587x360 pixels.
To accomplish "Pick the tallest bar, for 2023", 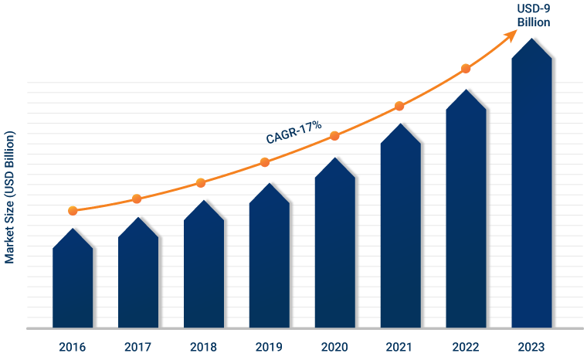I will pyautogui.click(x=531, y=185).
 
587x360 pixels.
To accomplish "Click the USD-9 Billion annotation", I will pyautogui.click(x=533, y=15).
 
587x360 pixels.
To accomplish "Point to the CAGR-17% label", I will pyautogui.click(x=293, y=133).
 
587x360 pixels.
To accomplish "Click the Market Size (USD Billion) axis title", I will pyautogui.click(x=10, y=197).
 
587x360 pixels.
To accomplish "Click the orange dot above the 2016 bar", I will pyautogui.click(x=73, y=210).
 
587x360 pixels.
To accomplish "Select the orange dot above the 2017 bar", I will pyautogui.click(x=137, y=199).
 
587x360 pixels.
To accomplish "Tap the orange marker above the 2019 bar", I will pyautogui.click(x=265, y=162).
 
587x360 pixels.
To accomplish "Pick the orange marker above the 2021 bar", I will pyautogui.click(x=399, y=106).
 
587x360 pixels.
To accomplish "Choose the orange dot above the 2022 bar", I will pyautogui.click(x=466, y=69).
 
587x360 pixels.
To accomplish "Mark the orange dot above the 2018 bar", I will pyautogui.click(x=201, y=182).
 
